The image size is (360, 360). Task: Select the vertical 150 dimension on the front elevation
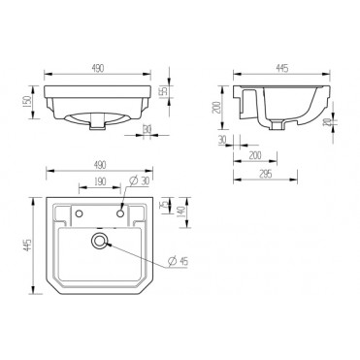pyautogui.click(x=29, y=100)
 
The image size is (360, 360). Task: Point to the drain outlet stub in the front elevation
pyautogui.click(x=102, y=123)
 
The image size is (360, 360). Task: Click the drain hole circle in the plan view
pyautogui.click(x=99, y=243)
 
